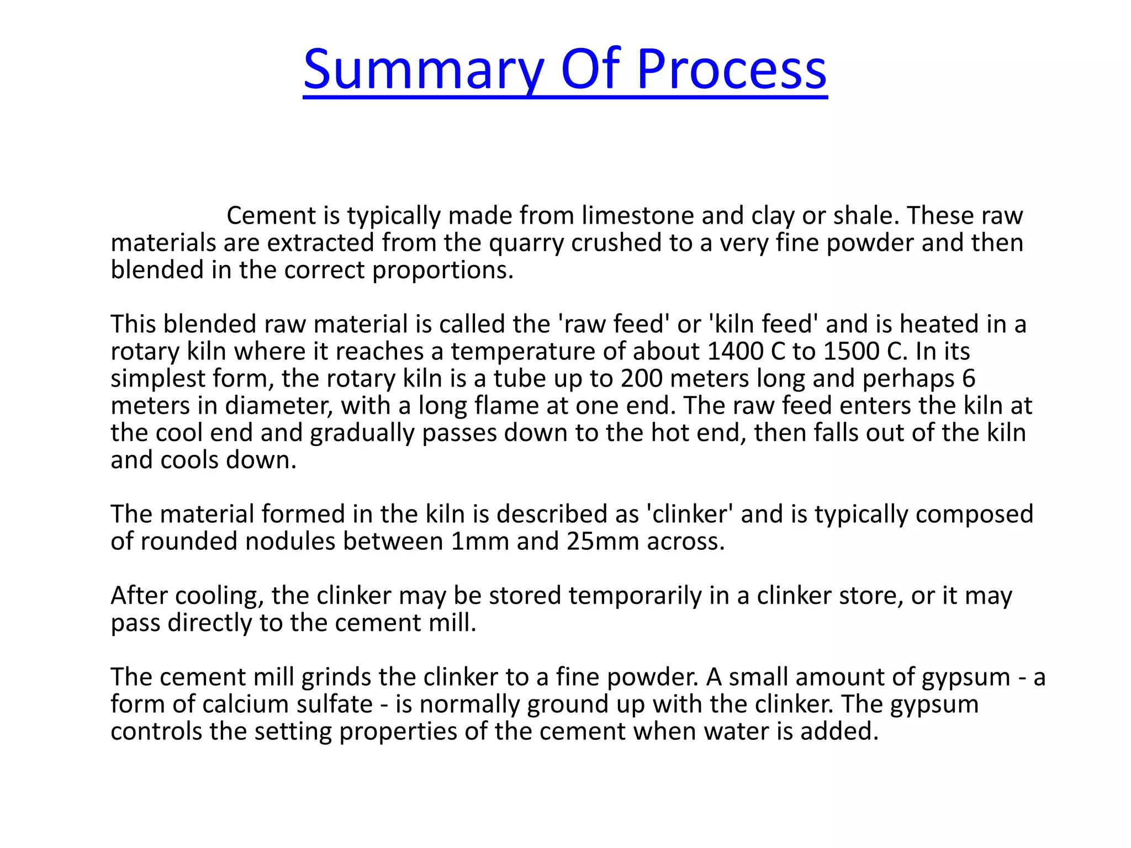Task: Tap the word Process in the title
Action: [x=731, y=70]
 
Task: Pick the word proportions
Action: [x=442, y=271]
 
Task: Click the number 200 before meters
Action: [x=641, y=379]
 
